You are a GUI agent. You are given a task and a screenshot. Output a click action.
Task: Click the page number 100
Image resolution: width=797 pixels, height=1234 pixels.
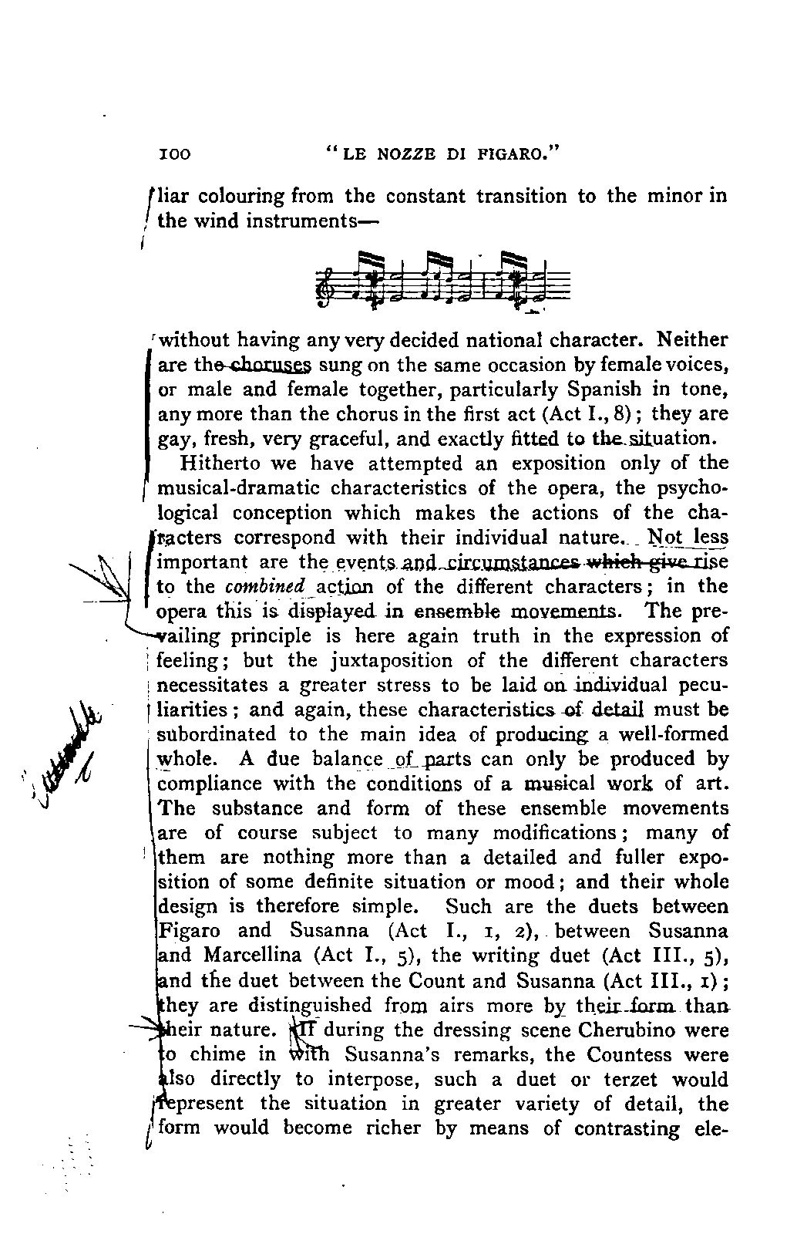point(173,154)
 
